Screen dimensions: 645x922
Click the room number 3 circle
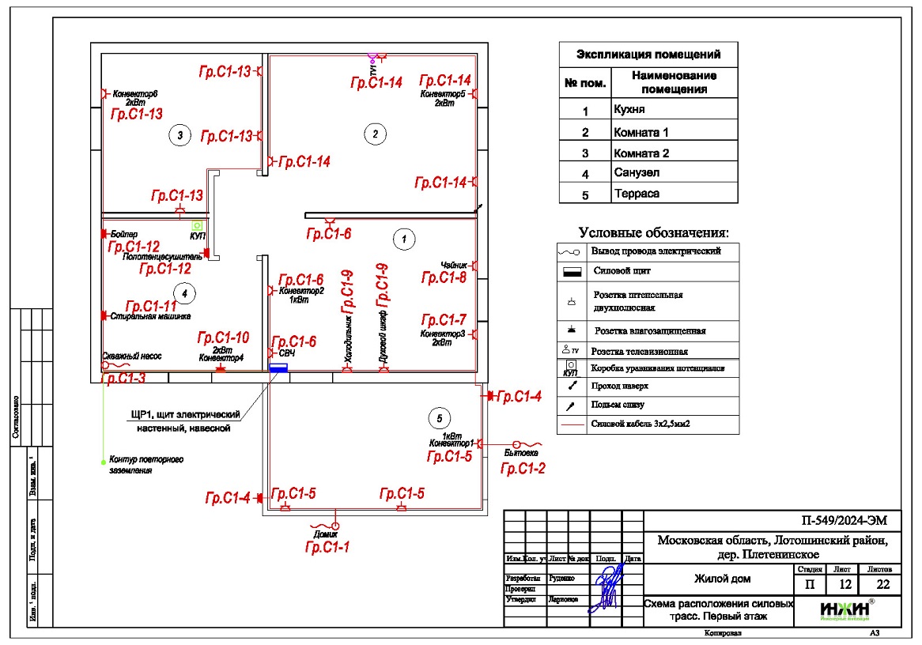(180, 136)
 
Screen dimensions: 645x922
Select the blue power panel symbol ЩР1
(278, 367)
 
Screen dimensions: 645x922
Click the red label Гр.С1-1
(327, 546)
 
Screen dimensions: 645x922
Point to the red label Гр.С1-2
(523, 469)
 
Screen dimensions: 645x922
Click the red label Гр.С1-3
(124, 379)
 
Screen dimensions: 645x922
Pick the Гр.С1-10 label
(223, 338)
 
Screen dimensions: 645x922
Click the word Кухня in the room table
(629, 109)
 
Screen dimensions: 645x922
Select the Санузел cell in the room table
(637, 172)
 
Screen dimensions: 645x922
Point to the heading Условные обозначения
(654, 232)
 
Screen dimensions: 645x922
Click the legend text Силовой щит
(621, 271)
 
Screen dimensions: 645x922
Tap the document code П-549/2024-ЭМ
(843, 521)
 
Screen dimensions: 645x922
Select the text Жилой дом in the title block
(722, 579)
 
